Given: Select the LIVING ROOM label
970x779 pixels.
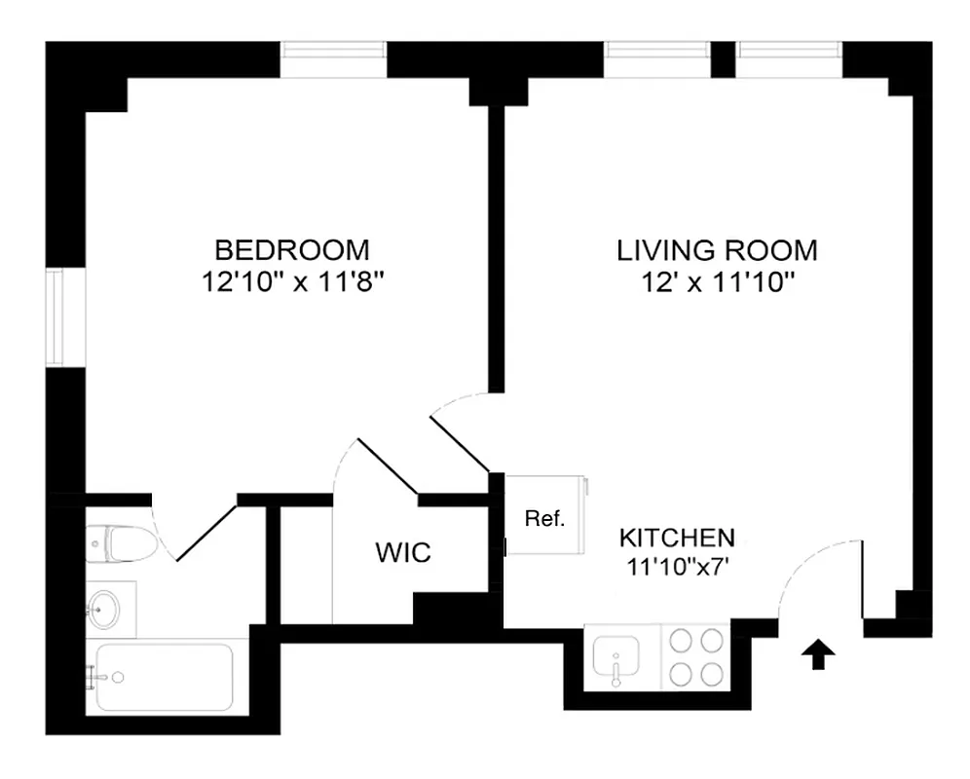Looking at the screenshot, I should tap(717, 249).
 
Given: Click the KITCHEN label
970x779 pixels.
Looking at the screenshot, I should tap(678, 537).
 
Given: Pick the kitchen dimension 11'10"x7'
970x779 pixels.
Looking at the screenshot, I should tap(678, 566).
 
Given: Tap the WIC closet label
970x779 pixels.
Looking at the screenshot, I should tap(403, 554).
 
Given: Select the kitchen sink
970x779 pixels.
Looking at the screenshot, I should tap(616, 655).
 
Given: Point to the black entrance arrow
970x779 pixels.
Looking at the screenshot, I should tap(819, 655).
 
